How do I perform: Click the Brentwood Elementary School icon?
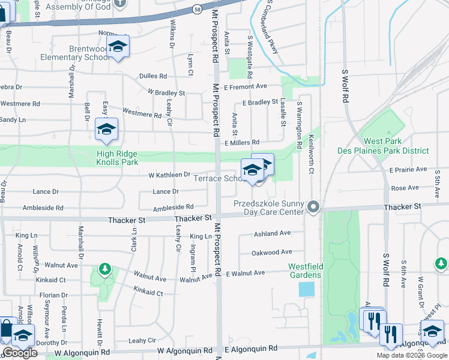[x=118, y=47]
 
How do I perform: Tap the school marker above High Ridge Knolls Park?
[x=106, y=130]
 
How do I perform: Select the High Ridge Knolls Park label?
[x=118, y=158]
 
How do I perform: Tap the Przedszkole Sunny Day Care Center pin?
[x=313, y=207]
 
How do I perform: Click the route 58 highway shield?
[x=197, y=10]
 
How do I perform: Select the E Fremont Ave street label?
[x=245, y=88]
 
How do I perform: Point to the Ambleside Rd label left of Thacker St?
[x=43, y=208]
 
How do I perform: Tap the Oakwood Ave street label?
[x=272, y=253]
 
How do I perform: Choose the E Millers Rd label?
[x=241, y=143]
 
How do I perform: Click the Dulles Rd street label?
[x=153, y=76]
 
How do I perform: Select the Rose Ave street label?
[x=400, y=188]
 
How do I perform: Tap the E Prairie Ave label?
[x=408, y=170]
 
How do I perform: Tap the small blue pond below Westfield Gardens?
[x=306, y=289]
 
